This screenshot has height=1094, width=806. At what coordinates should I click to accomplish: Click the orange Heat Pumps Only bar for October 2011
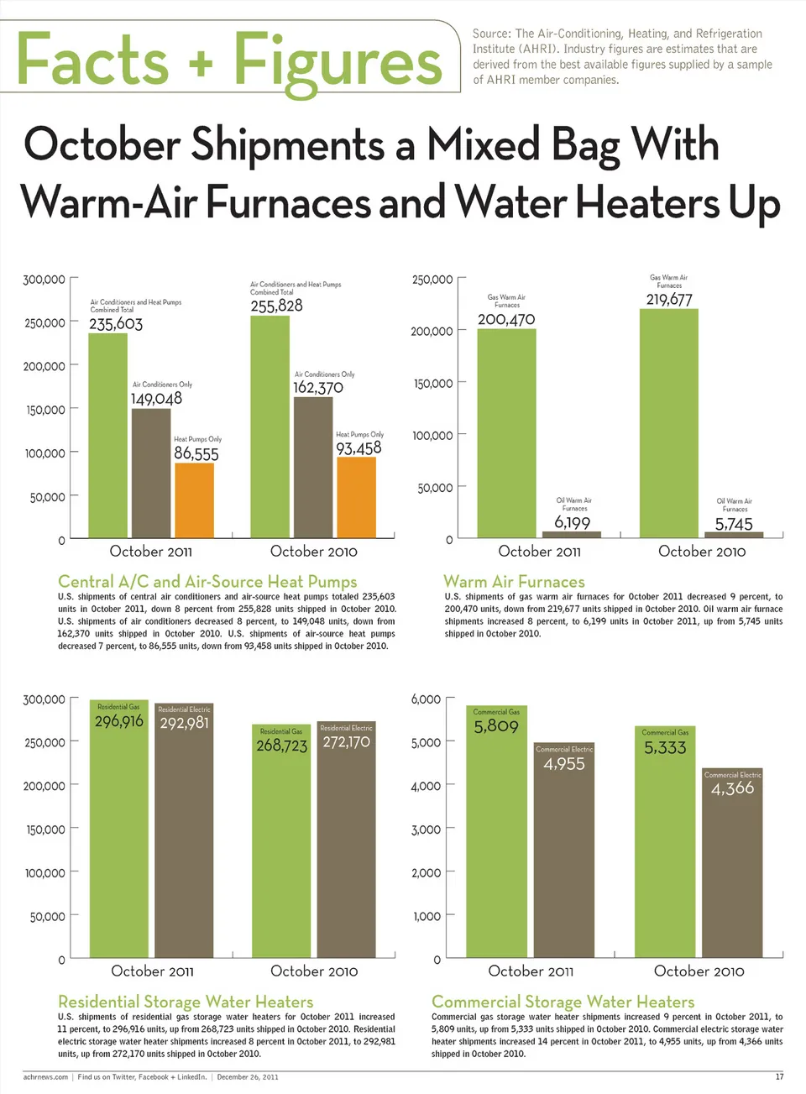[x=194, y=500]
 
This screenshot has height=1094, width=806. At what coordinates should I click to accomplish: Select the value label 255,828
[x=276, y=306]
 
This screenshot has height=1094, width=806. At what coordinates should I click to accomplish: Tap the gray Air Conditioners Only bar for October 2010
[x=313, y=467]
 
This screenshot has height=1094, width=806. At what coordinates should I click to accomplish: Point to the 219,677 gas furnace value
[x=669, y=300]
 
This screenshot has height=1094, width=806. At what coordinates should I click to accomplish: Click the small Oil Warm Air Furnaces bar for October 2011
[x=572, y=534]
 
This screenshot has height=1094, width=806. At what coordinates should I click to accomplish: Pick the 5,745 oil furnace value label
[x=734, y=524]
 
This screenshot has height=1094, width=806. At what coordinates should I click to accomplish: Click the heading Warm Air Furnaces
[x=514, y=581]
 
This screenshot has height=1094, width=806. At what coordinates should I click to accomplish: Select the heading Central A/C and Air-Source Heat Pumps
[x=207, y=581]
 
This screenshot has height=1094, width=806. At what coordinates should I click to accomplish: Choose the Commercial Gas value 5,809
[x=496, y=726]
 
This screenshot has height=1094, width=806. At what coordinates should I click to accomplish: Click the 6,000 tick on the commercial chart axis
[x=426, y=699]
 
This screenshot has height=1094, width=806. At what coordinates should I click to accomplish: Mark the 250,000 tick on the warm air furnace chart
[x=432, y=280]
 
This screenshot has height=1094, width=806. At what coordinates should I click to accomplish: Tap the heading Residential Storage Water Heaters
[x=186, y=1001]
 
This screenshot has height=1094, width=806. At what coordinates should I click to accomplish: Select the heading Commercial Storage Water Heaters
[x=563, y=1001]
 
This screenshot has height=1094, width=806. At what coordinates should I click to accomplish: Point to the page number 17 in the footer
[x=779, y=1076]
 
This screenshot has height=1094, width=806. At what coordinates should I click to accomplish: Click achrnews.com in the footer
[x=45, y=1076]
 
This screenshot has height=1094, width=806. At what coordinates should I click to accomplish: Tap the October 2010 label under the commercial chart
[x=699, y=971]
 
